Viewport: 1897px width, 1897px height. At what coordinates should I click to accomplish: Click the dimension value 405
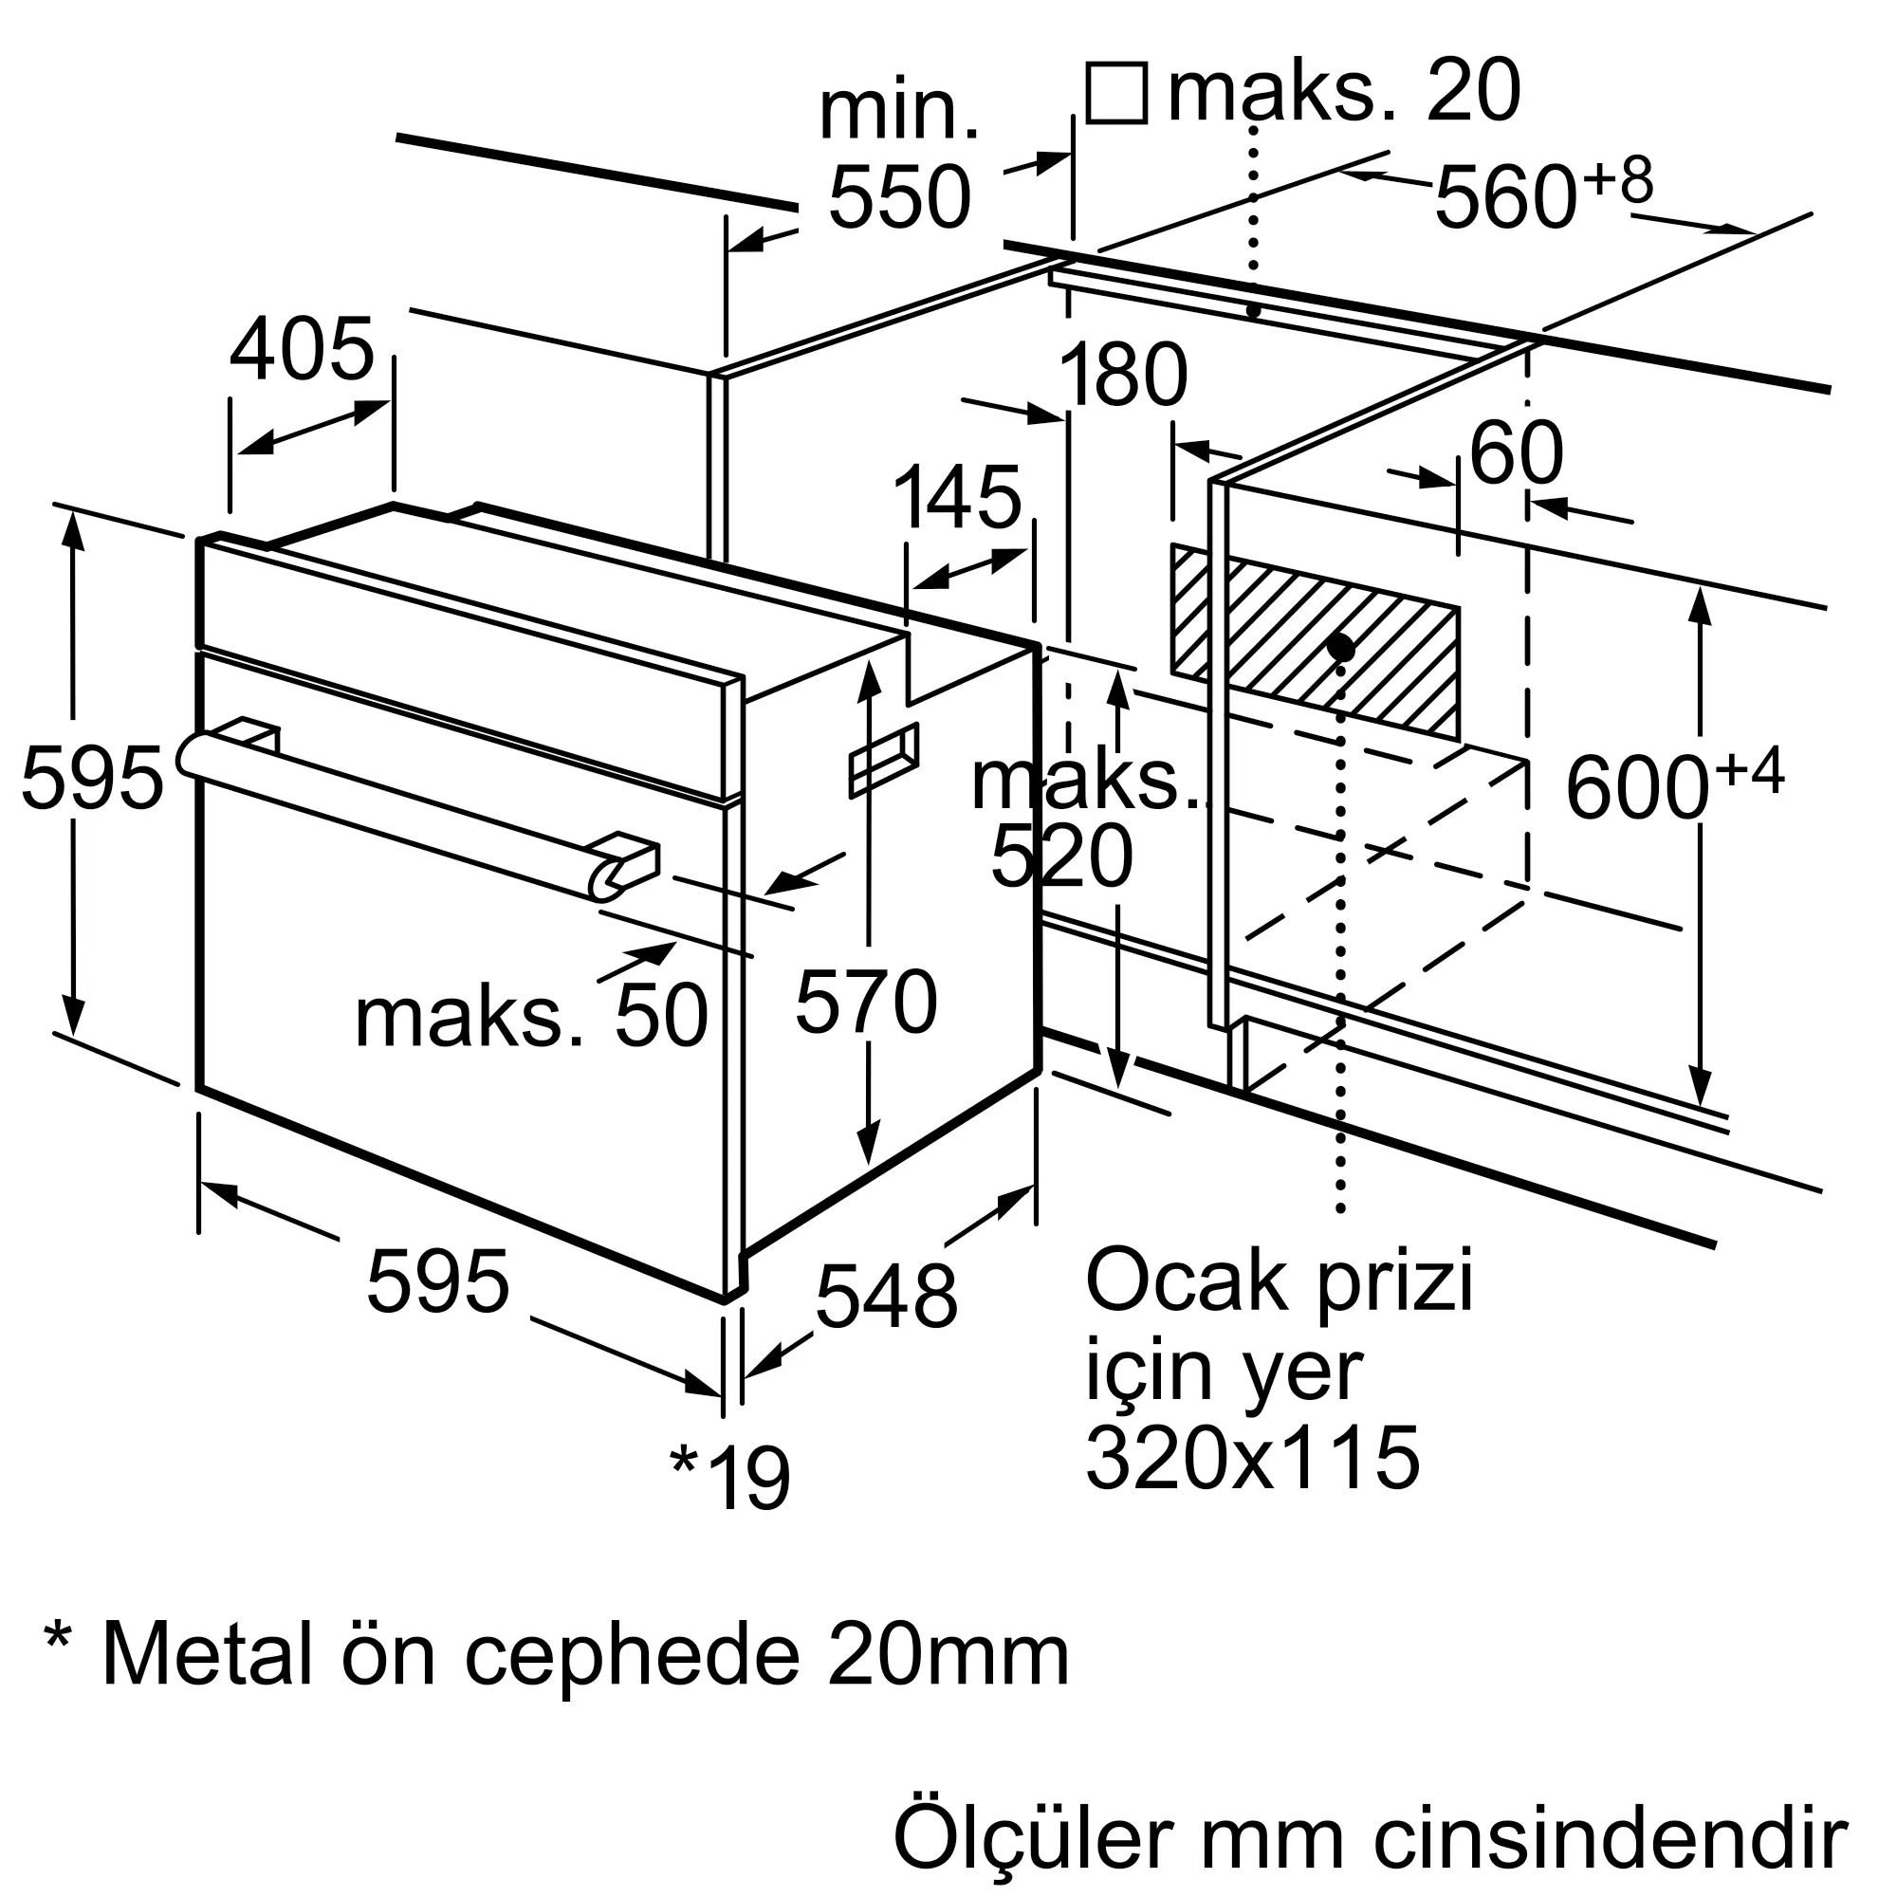[302, 350]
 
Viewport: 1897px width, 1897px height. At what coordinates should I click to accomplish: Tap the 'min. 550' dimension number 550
[899, 198]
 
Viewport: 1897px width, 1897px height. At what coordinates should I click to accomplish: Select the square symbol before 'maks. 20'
[1116, 93]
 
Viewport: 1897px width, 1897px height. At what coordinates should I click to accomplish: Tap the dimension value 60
[1515, 453]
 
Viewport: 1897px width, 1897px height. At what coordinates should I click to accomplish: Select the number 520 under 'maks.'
[1061, 857]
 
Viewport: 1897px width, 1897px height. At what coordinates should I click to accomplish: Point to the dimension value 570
[866, 1002]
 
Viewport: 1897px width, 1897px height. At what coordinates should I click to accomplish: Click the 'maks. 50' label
[531, 1017]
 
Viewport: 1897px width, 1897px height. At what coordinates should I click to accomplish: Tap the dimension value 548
[887, 1297]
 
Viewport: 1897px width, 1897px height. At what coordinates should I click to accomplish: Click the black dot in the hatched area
[1341, 647]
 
